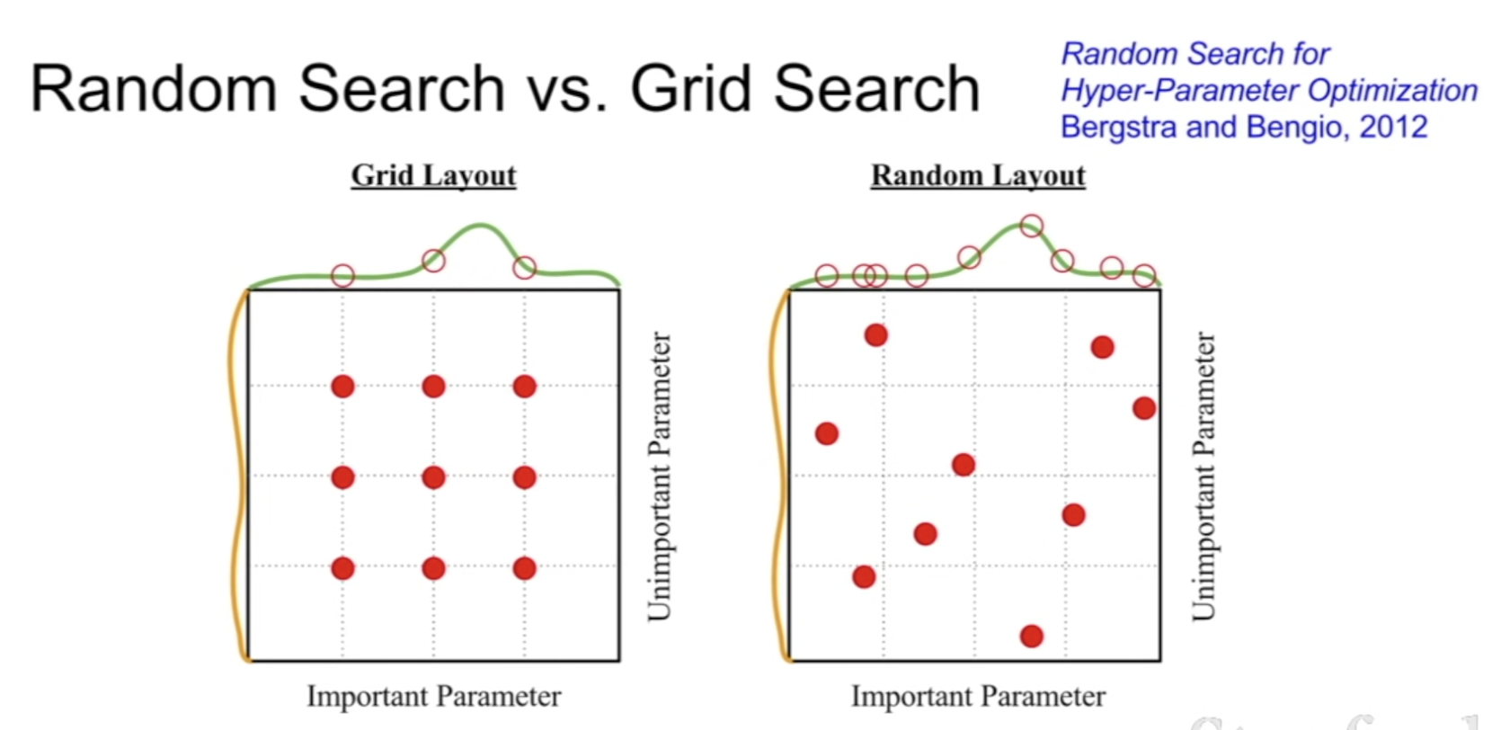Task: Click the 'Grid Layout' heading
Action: [x=433, y=175]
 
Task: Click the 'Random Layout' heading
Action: [x=978, y=175]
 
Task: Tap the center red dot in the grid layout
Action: [x=433, y=477]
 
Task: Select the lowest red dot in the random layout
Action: [x=1032, y=637]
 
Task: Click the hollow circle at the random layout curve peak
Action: [x=1032, y=226]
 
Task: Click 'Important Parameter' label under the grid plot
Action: [x=433, y=696]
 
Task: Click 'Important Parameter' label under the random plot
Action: [x=978, y=696]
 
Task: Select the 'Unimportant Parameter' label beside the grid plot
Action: [x=660, y=476]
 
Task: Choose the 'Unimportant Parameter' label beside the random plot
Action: [x=1203, y=476]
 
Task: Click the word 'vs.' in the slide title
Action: [x=568, y=89]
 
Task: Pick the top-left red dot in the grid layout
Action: [x=342, y=387]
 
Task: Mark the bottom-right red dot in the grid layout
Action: [x=525, y=568]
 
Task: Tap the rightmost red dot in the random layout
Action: [x=1144, y=408]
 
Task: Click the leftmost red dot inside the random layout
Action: [x=827, y=434]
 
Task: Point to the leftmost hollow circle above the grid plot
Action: [x=342, y=275]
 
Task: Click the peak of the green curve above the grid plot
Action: [x=481, y=225]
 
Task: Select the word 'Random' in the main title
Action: [x=153, y=89]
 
